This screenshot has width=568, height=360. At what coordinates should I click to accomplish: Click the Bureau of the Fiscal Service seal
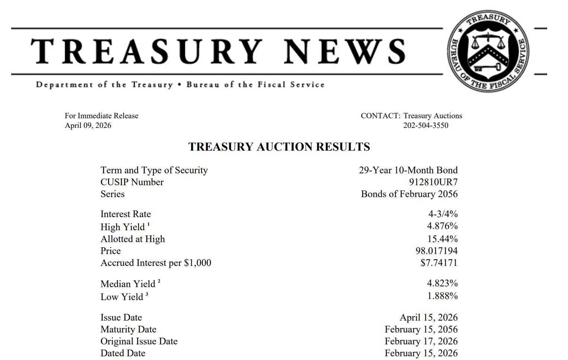(x=488, y=51)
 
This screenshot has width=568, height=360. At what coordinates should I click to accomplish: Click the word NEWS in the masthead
(x=344, y=51)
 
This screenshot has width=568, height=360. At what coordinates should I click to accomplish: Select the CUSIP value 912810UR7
(x=433, y=182)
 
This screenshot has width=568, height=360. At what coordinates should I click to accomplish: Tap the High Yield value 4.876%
(x=442, y=226)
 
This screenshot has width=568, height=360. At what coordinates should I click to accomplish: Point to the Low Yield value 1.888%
(x=442, y=296)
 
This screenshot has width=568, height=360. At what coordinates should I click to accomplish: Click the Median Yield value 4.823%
(x=442, y=283)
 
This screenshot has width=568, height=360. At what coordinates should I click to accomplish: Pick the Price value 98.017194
(x=436, y=251)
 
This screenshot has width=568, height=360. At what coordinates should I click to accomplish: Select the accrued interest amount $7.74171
(x=439, y=263)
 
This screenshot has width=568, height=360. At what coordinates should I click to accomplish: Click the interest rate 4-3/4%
(x=443, y=214)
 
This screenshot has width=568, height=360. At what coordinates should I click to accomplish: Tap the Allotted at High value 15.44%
(x=442, y=239)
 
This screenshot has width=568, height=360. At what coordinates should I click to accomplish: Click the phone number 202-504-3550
(x=426, y=125)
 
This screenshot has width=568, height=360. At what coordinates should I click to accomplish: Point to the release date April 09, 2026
(x=88, y=125)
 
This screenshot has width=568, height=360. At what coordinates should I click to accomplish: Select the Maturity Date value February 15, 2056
(x=421, y=329)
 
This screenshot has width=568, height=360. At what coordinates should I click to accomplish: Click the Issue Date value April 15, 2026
(x=428, y=317)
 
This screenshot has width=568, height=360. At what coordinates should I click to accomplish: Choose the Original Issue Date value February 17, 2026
(x=421, y=341)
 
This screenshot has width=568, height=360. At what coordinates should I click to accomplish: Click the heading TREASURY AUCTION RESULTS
(x=279, y=147)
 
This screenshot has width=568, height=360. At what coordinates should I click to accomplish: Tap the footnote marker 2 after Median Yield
(x=159, y=281)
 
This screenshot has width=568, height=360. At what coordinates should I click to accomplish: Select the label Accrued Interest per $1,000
(x=156, y=263)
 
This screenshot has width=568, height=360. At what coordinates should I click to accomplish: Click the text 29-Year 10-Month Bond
(x=408, y=170)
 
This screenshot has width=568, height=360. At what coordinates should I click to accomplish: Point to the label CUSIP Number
(x=132, y=182)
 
